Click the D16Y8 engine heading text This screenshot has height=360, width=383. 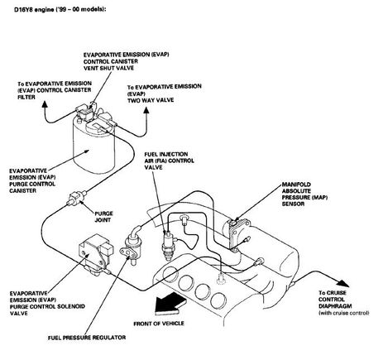(x=60, y=9)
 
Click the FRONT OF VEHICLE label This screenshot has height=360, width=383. (x=159, y=324)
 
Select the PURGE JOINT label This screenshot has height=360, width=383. (x=103, y=217)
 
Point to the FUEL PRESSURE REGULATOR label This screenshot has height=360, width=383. (x=87, y=338)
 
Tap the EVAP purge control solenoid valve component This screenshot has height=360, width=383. (x=96, y=254)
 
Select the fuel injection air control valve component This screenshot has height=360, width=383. (x=168, y=245)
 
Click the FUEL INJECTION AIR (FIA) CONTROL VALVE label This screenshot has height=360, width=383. (x=170, y=161)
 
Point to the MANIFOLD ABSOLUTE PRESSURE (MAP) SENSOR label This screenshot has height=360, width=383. (x=304, y=194)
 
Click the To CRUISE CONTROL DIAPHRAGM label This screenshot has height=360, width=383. (x=344, y=303)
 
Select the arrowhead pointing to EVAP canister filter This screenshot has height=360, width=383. (x=44, y=103)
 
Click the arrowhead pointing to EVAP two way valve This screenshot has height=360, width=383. (x=146, y=110)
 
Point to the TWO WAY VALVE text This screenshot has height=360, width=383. (x=151, y=100)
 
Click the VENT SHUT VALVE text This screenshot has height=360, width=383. (x=108, y=68)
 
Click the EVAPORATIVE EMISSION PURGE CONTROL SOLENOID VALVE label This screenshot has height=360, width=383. (x=47, y=303)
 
